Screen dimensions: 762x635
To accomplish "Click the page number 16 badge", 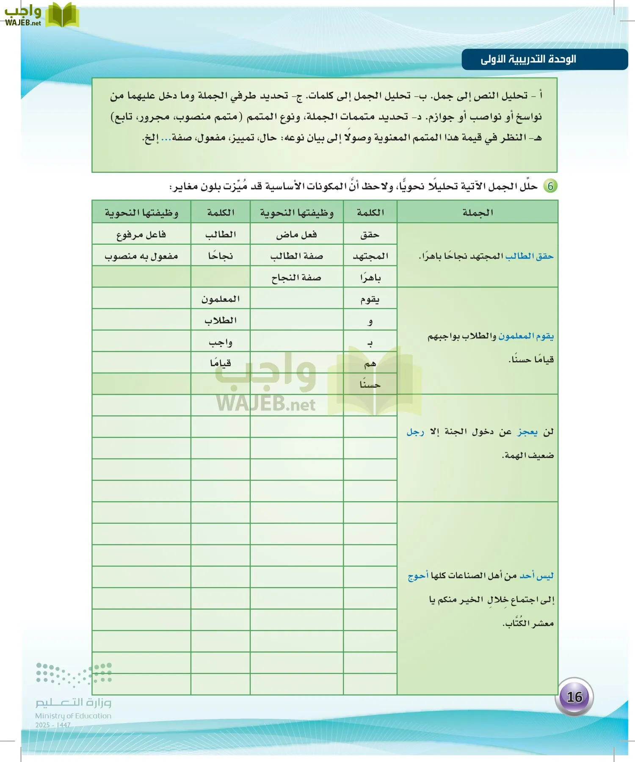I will click(x=574, y=697).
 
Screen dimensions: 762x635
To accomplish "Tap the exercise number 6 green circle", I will click(x=550, y=186).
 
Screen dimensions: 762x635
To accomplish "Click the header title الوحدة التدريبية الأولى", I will click(x=528, y=59).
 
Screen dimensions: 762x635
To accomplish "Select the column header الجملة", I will click(x=478, y=213).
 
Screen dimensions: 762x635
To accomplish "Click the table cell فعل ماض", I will click(x=296, y=235).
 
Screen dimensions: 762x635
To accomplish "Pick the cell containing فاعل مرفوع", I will click(x=141, y=235).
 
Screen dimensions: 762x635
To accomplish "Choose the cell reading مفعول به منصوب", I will click(x=141, y=256).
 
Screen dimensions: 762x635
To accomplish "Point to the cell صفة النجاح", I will click(x=296, y=278).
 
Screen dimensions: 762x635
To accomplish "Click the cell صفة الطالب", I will click(x=296, y=256).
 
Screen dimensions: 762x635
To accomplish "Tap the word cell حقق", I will click(x=370, y=235).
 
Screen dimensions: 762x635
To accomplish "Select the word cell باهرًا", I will click(x=370, y=278).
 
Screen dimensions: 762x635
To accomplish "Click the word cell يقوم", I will click(x=370, y=299).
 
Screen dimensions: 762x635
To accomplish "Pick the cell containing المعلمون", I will click(x=220, y=299).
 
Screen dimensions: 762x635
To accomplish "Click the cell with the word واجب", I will click(x=220, y=342).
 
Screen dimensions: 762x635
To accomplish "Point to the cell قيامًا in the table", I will click(x=220, y=363).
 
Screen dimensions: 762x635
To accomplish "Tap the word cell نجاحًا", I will click(x=220, y=256).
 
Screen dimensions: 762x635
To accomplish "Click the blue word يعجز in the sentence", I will click(x=527, y=432).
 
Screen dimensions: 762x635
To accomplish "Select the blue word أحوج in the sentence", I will click(x=418, y=576).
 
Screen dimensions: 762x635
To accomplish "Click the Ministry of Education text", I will click(x=73, y=716).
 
